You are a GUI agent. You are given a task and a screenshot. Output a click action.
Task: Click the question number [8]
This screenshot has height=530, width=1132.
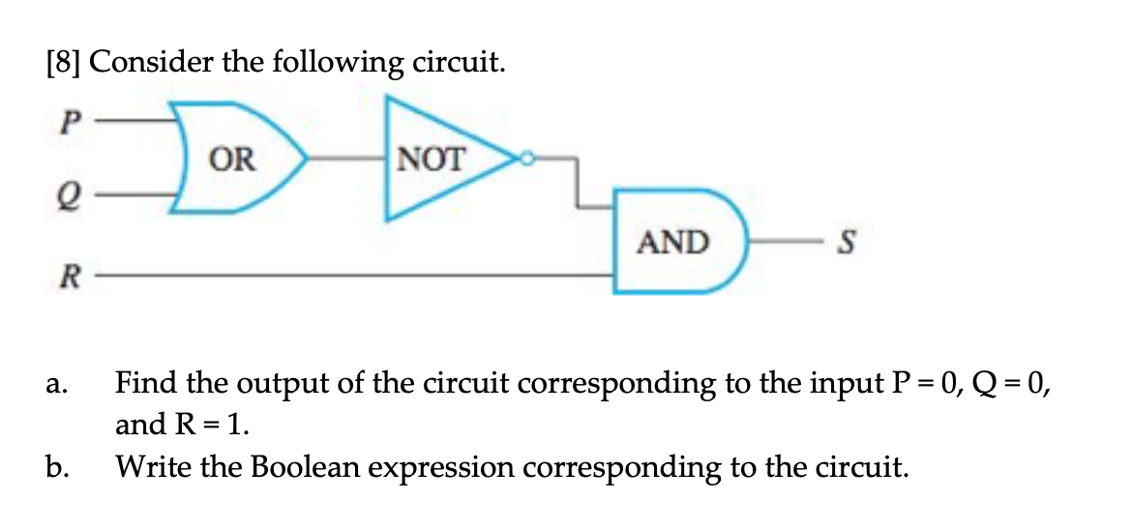tap(64, 64)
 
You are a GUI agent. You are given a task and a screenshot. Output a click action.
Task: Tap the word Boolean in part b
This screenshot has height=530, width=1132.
tap(313, 469)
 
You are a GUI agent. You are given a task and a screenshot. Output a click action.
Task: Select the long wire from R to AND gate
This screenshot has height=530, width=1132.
tap(358, 276)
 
